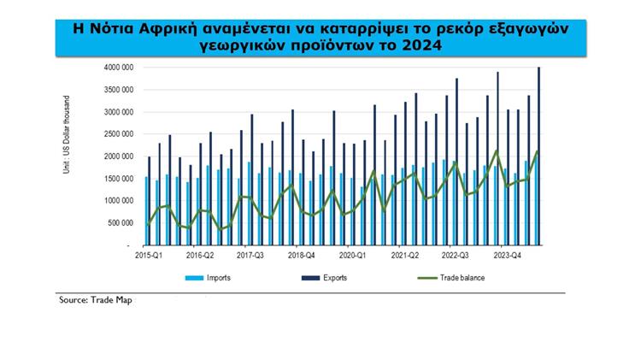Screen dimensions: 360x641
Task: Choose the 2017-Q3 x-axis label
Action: coord(250,255)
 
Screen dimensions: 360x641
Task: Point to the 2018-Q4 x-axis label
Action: coord(302,255)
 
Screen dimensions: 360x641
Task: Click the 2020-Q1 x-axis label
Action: coord(353,255)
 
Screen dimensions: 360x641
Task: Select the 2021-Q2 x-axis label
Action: coord(404,255)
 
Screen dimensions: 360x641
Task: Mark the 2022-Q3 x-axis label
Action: coord(456,255)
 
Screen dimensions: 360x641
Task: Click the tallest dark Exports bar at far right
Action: coord(538,154)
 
